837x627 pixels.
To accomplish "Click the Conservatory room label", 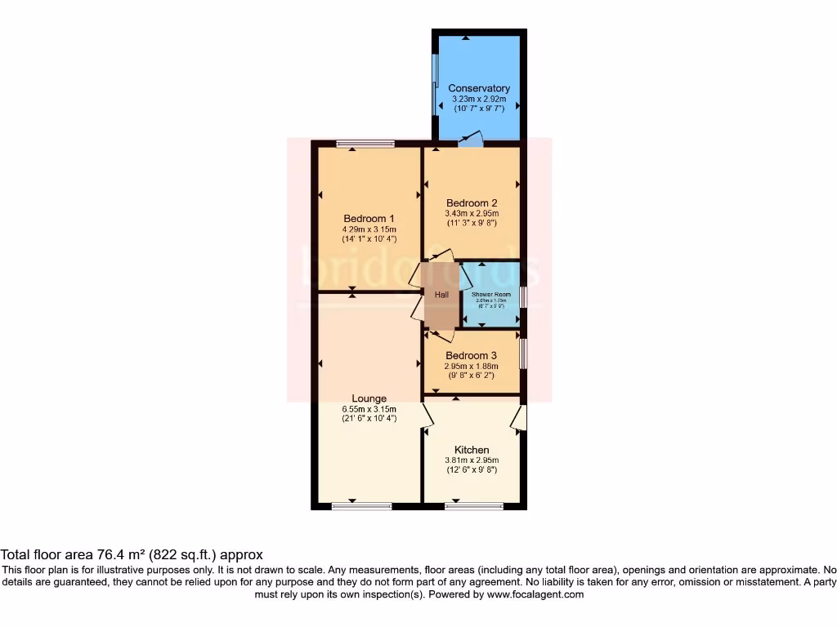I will [479, 88].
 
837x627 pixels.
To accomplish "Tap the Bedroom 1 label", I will [369, 219].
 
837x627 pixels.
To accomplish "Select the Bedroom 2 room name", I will [472, 203].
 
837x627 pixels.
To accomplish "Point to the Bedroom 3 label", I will [471, 356].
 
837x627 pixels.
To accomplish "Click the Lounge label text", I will [369, 399].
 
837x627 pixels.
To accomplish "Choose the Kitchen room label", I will [472, 450].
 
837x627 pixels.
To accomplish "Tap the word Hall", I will [441, 295].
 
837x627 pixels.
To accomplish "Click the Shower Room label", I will [491, 294].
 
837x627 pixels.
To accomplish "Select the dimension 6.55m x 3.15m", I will [369, 409].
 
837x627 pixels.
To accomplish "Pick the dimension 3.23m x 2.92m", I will [479, 99].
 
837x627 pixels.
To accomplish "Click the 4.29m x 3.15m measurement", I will [369, 229].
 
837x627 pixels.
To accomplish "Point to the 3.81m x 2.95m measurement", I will [472, 460].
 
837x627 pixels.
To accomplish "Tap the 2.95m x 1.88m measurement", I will [471, 367].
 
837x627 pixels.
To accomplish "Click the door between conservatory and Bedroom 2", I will [471, 140].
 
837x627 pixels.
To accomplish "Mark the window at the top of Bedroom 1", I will [365, 145].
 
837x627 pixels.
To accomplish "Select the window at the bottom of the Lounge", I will [360, 506].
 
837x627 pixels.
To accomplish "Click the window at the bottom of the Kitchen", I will [473, 506].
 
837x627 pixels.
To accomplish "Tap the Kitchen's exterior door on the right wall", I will [518, 418].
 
